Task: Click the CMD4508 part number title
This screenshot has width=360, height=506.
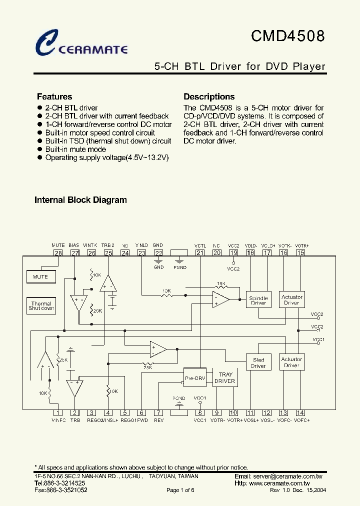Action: pyautogui.click(x=287, y=36)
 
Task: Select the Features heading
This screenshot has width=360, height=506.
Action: pyautogui.click(x=54, y=97)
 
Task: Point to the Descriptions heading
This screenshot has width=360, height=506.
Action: pyautogui.click(x=209, y=97)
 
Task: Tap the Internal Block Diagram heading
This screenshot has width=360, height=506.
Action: pyautogui.click(x=80, y=200)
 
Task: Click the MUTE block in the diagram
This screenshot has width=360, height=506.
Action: pyautogui.click(x=40, y=276)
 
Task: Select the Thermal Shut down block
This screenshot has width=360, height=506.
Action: pyautogui.click(x=41, y=306)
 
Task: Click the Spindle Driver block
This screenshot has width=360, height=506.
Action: pyautogui.click(x=258, y=300)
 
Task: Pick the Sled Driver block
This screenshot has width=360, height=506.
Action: pyautogui.click(x=258, y=362)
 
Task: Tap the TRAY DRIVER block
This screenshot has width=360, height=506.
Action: pyautogui.click(x=224, y=377)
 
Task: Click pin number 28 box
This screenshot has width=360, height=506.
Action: pyautogui.click(x=58, y=253)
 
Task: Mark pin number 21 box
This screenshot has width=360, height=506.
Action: pyautogui.click(x=200, y=253)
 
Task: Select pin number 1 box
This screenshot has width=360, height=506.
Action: pyautogui.click(x=58, y=413)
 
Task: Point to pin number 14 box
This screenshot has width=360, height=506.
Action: pyautogui.click(x=300, y=413)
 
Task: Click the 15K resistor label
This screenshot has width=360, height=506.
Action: pyautogui.click(x=221, y=284)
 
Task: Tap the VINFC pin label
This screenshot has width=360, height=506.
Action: pyautogui.click(x=58, y=420)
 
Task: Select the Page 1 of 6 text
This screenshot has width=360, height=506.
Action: pyautogui.click(x=180, y=490)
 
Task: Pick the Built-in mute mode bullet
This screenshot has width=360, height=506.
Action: pyautogui.click(x=75, y=149)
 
